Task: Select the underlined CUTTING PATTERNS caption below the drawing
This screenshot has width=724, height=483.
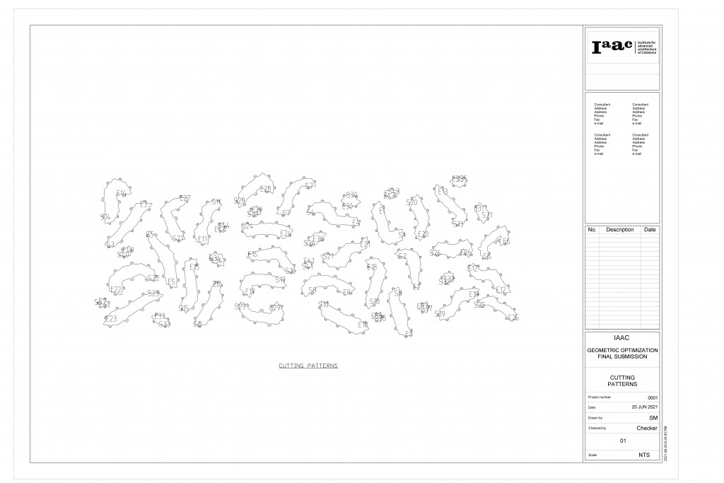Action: coord(308,366)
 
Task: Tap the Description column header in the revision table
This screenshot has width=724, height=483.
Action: coord(619,230)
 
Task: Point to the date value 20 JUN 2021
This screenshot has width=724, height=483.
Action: coord(644,408)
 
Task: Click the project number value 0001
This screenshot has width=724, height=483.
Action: coord(653,398)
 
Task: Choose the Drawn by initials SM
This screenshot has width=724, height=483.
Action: coord(653,418)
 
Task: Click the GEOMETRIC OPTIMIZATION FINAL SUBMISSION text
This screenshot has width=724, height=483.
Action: coord(622,354)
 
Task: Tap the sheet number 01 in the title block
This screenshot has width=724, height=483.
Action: coord(623,441)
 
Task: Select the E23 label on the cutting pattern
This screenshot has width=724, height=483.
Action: coord(111,319)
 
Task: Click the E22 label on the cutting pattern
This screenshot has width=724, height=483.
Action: coord(116,289)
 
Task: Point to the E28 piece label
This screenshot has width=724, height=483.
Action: coord(266,189)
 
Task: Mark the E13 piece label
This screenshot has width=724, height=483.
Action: coord(443,192)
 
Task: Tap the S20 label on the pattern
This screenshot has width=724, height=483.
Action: coord(412,202)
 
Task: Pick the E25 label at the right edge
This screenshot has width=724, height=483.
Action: coord(513,318)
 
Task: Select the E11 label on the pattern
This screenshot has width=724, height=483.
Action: coord(203,239)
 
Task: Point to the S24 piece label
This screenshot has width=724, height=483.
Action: coord(247,226)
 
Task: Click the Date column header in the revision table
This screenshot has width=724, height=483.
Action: coord(649,230)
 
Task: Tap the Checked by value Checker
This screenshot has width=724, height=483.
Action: coord(646,428)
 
